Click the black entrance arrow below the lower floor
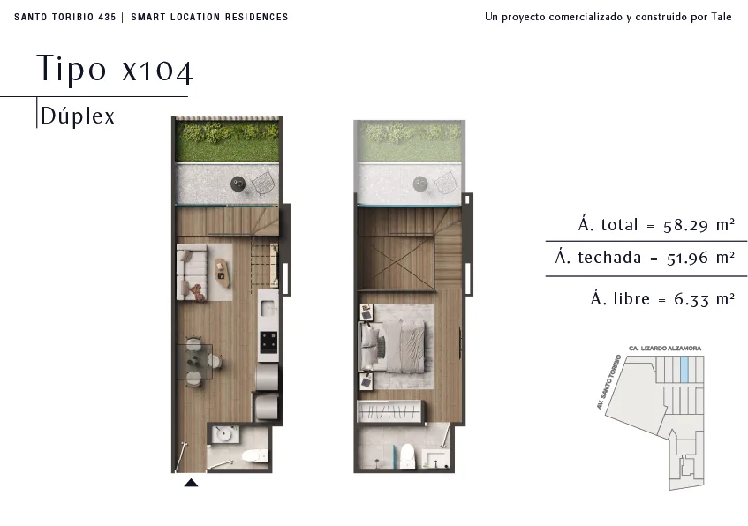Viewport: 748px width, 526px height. coord(191,483)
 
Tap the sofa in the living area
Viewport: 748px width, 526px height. coord(192,273)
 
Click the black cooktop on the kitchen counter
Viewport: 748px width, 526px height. coord(268,342)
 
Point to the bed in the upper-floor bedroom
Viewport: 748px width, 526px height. coord(391,346)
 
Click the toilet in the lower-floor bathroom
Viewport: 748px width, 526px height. coord(254,456)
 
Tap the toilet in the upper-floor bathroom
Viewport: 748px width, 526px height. coord(407,456)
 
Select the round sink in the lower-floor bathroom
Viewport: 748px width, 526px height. coord(223,434)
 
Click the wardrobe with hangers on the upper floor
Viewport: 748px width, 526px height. coord(389,411)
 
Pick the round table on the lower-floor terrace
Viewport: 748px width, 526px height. coord(238,183)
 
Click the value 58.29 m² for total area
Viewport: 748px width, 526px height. coord(699,225)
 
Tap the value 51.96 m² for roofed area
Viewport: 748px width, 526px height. coord(700,258)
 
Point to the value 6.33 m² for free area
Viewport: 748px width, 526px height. coord(704,299)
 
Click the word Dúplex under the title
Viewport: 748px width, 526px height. coord(78,116)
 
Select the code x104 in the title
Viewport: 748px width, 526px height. coord(157,71)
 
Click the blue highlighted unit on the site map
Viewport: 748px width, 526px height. coord(684,370)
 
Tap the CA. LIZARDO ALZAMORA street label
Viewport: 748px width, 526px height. coord(665,348)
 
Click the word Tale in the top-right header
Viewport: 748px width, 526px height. coord(722,17)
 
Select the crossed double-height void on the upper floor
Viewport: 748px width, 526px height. coord(395,263)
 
